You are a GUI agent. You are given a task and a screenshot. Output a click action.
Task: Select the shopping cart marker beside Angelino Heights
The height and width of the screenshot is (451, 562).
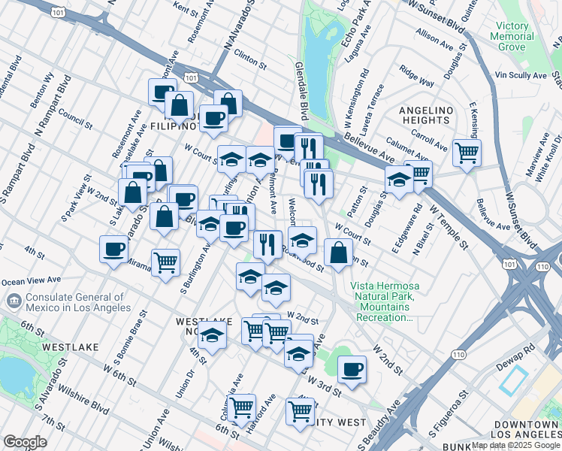click(x=467, y=153)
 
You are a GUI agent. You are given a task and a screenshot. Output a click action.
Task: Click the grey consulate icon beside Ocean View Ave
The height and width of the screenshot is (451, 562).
click(x=14, y=301)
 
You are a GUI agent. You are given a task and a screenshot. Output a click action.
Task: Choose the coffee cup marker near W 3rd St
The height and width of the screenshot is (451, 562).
click(x=351, y=369)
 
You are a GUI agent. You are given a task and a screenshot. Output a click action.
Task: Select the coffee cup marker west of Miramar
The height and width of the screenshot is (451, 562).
click(x=114, y=249)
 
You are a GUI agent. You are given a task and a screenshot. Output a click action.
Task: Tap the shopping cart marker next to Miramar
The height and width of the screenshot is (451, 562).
click(x=165, y=262)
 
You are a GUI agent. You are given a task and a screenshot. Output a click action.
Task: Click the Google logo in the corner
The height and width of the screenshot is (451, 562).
click(x=25, y=441)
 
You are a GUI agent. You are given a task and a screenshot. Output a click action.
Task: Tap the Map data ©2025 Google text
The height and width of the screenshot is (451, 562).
click(x=516, y=445)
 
